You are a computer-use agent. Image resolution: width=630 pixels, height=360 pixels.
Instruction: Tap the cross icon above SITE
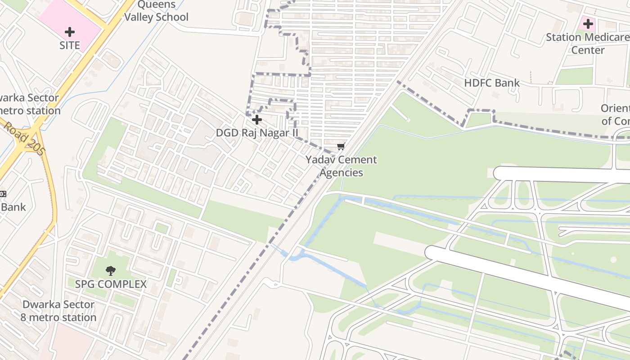70,32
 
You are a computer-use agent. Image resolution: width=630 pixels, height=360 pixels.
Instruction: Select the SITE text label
70,45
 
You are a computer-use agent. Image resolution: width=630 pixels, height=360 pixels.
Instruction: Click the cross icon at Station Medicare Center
588,24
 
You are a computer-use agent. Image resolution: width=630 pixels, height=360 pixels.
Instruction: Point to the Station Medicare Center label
588,43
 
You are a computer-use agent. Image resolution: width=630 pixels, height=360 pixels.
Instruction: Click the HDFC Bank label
492,83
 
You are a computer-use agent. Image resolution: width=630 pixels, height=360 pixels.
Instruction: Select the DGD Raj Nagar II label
257,133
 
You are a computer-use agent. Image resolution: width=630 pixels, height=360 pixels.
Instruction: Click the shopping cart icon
341,147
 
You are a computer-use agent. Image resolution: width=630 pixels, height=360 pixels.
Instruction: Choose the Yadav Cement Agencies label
341,166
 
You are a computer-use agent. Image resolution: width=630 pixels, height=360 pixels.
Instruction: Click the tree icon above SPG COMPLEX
110,270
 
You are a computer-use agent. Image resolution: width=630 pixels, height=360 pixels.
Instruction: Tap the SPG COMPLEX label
111,284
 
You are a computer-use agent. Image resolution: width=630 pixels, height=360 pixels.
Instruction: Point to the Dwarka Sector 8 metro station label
58,310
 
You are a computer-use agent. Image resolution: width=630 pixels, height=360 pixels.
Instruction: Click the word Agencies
341,173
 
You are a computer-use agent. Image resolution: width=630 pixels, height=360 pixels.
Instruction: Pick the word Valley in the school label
139,17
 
